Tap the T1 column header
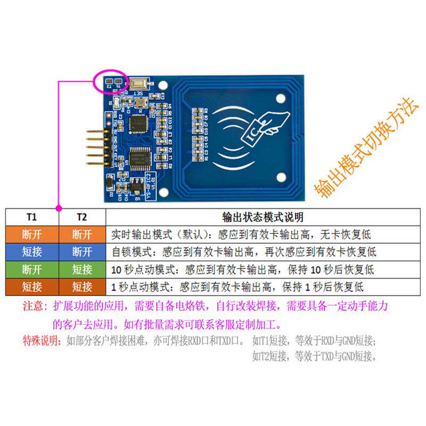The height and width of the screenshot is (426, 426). pos(31,217)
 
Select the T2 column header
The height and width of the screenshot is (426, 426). pos(81,217)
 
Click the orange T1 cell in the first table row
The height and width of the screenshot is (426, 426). pos(31,234)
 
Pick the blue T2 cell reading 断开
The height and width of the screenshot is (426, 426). pos(81,251)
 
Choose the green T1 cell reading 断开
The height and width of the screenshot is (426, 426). pos(31,269)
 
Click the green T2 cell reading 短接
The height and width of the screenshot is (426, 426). pos(81,269)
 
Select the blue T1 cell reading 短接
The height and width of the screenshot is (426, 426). pos(31,251)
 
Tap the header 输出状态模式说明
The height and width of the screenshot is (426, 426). pos(263,217)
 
